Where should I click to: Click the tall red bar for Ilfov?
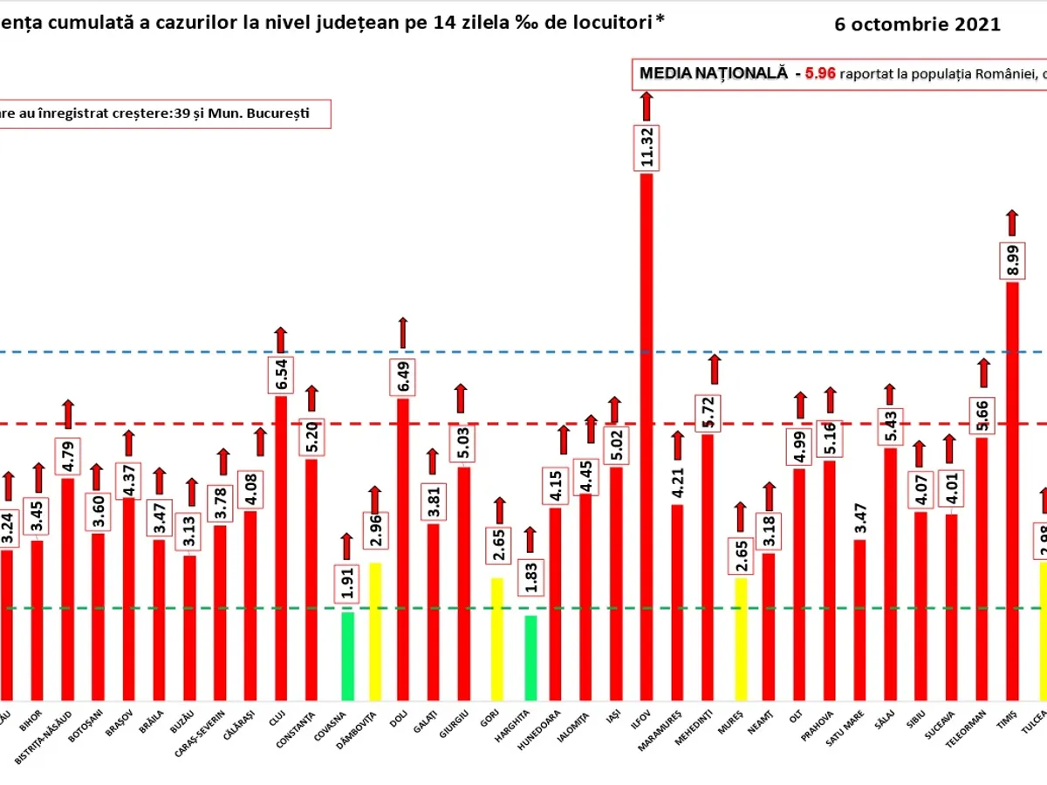[x=647, y=436]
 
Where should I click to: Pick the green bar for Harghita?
[x=530, y=658]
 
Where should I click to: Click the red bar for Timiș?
[x=1012, y=488]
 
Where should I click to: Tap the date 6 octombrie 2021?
[x=917, y=24]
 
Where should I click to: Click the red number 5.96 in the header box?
[x=820, y=74]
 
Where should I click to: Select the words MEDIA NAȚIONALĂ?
[x=714, y=74]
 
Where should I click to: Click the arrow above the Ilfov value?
[x=647, y=106]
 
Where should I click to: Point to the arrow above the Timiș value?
[x=1012, y=222]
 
